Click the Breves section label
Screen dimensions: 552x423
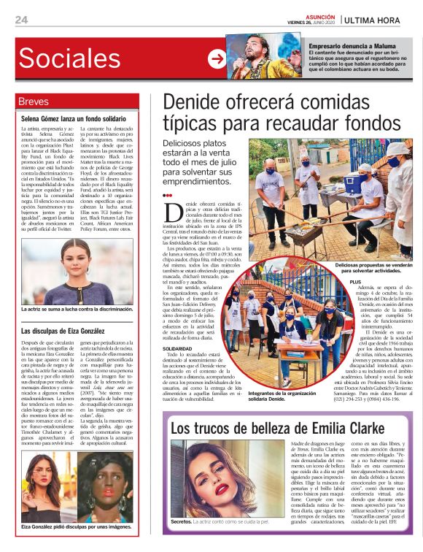pos(34,101)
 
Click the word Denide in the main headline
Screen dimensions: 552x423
pos(192,102)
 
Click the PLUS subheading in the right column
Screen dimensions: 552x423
pos(356,282)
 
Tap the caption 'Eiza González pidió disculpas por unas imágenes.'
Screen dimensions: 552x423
pos(77,526)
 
